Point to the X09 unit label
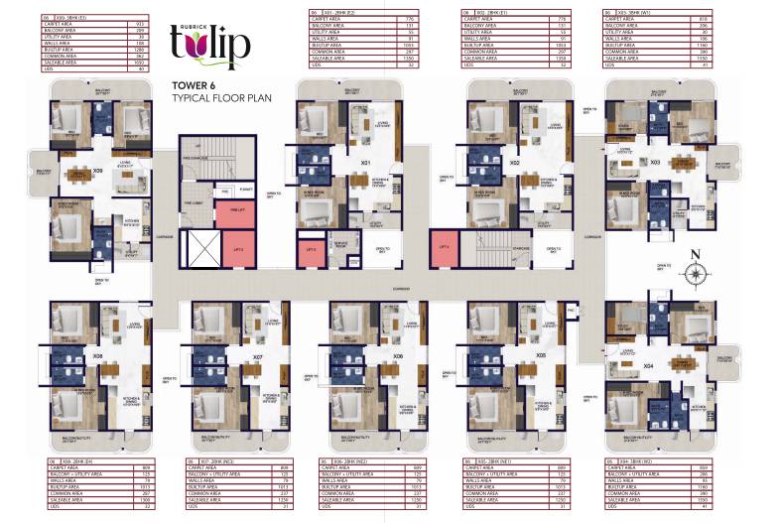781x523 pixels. click(97, 171)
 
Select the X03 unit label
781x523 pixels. click(655, 161)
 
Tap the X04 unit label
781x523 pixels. click(648, 366)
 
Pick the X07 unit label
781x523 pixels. click(257, 357)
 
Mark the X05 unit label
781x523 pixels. click(541, 355)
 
